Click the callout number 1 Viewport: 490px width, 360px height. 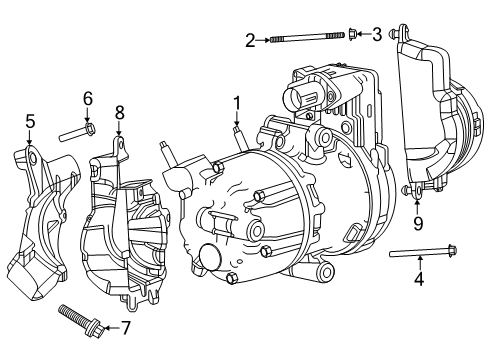237,102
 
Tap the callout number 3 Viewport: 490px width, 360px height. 376,36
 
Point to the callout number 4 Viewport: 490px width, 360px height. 419,280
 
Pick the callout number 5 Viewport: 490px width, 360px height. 30,122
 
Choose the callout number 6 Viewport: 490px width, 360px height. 87,98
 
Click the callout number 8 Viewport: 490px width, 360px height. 119,112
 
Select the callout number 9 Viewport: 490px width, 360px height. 418,222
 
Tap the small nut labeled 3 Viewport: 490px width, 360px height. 353,36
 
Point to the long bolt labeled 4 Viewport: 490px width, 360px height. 420,252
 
